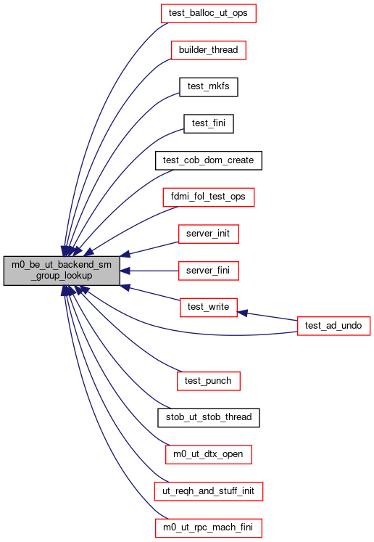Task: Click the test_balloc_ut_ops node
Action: click(x=209, y=14)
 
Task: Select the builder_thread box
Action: click(x=209, y=50)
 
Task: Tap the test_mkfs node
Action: click(x=209, y=87)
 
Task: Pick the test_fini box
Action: click(x=209, y=123)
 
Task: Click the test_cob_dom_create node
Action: click(x=209, y=160)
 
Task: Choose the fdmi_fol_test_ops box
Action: click(x=209, y=197)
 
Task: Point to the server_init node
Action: click(x=209, y=234)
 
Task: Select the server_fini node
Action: click(x=209, y=271)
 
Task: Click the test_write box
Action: click(x=209, y=308)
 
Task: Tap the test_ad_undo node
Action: click(x=333, y=326)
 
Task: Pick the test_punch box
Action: click(x=209, y=381)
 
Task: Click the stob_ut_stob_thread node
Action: click(x=209, y=417)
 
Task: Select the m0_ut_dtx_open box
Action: click(x=209, y=454)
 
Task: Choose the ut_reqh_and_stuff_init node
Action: click(x=209, y=491)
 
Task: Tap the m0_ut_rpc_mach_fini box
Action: click(x=209, y=527)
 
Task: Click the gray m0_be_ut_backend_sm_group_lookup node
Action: click(x=62, y=271)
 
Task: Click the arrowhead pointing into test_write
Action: click(x=242, y=313)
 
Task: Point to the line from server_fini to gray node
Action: click(x=149, y=271)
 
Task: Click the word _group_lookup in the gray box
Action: click(x=62, y=276)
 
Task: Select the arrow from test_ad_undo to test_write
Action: click(x=267, y=316)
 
